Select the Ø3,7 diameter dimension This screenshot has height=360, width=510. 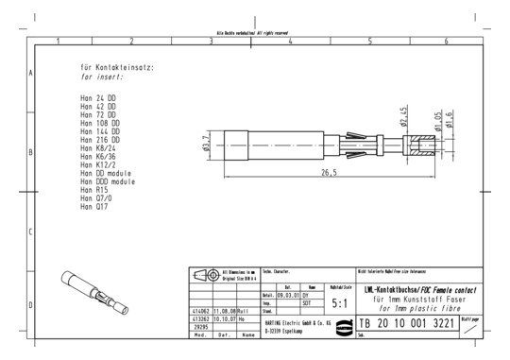[x=207, y=143]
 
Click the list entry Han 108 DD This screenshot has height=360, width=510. [x=100, y=123]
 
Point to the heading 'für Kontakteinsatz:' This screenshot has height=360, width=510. [x=117, y=69]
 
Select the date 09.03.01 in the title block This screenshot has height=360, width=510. [x=287, y=296]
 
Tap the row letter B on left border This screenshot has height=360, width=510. [x=32, y=151]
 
